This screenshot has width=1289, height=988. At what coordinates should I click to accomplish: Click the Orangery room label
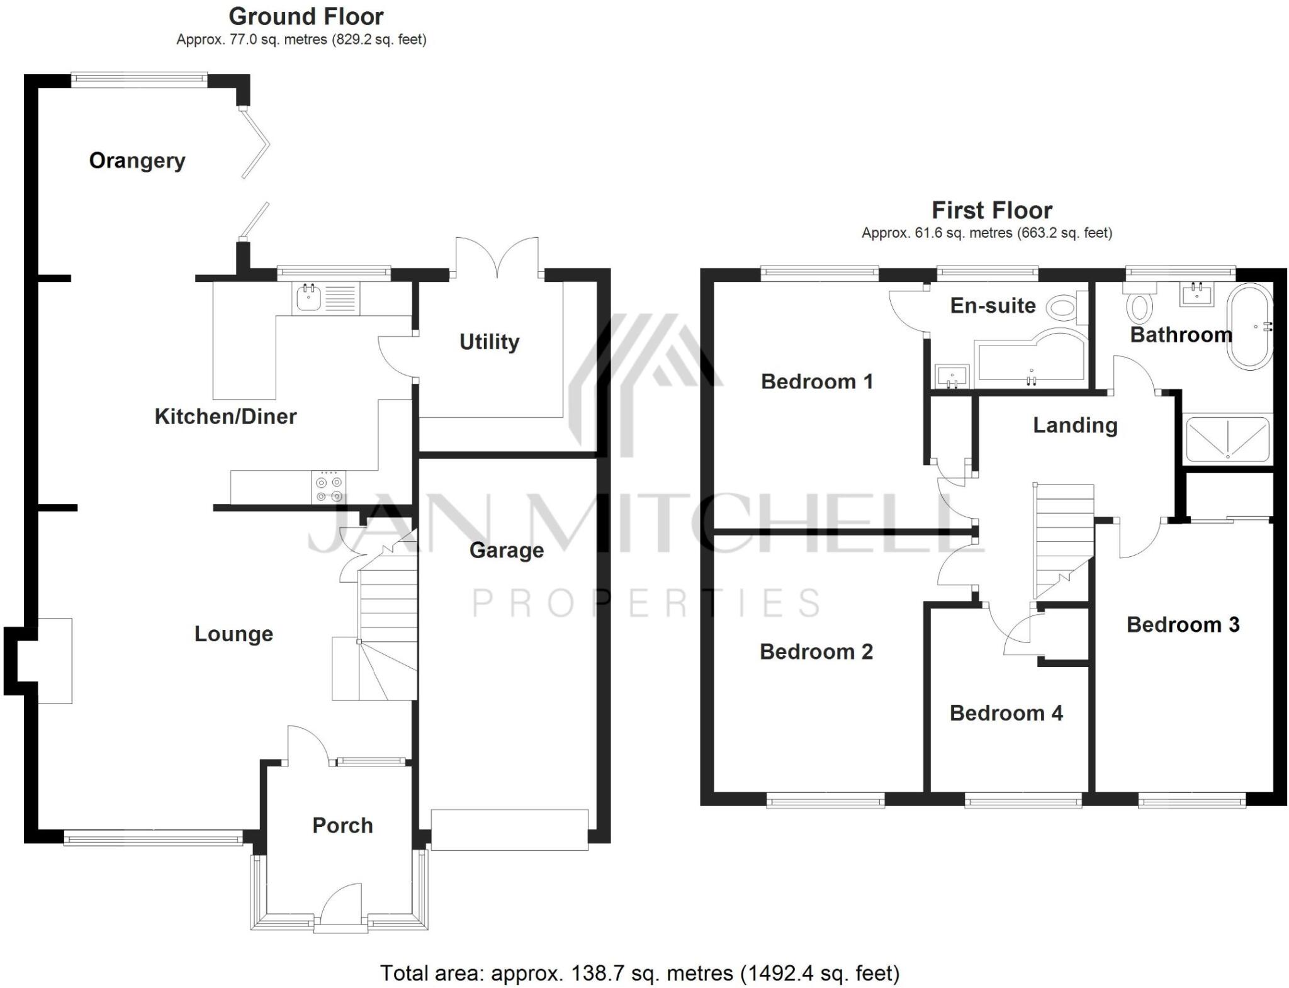point(137,161)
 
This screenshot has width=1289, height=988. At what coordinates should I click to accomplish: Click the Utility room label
point(489,342)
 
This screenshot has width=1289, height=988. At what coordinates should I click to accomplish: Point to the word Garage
point(507,551)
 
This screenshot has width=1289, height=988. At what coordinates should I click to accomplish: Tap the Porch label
point(342,826)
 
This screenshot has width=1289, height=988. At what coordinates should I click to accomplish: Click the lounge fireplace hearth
point(55,661)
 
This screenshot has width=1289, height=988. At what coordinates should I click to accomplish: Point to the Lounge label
point(234,634)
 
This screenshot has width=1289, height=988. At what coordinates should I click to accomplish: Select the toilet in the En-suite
point(1064,308)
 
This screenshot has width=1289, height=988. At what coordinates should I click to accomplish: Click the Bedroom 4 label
point(1006,714)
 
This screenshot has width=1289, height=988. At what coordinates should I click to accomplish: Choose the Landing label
point(1075,425)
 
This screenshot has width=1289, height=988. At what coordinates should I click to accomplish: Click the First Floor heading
point(991,210)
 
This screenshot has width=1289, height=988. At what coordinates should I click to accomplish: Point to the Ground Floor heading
point(306,16)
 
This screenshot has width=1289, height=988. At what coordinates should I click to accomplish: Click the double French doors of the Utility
point(497,258)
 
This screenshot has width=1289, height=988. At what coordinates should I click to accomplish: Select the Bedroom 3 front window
point(1192,801)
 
